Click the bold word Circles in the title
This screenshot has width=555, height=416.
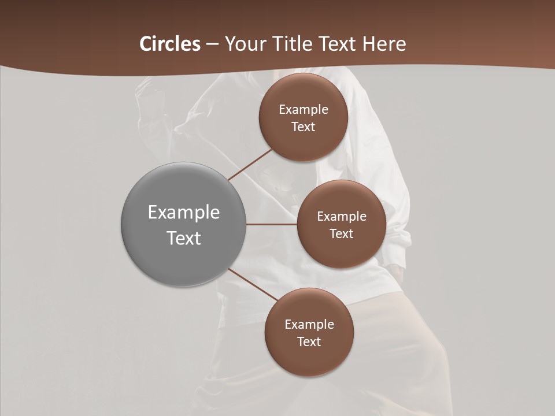(170, 44)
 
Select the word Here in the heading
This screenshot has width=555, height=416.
(384, 44)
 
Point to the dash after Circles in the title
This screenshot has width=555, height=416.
(212, 44)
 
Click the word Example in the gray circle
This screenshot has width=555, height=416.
(183, 213)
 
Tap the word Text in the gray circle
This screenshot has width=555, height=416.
(183, 238)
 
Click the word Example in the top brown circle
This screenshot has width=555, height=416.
(303, 109)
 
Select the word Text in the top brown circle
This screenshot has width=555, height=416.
(303, 127)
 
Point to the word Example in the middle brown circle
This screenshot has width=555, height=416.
(341, 216)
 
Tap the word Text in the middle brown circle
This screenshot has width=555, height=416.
(341, 233)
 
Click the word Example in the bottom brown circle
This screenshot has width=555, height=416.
(309, 324)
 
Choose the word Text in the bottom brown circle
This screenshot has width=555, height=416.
(309, 341)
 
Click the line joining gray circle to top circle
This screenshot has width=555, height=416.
(250, 165)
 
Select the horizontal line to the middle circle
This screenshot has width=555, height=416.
(271, 224)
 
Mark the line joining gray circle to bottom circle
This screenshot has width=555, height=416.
(253, 284)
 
